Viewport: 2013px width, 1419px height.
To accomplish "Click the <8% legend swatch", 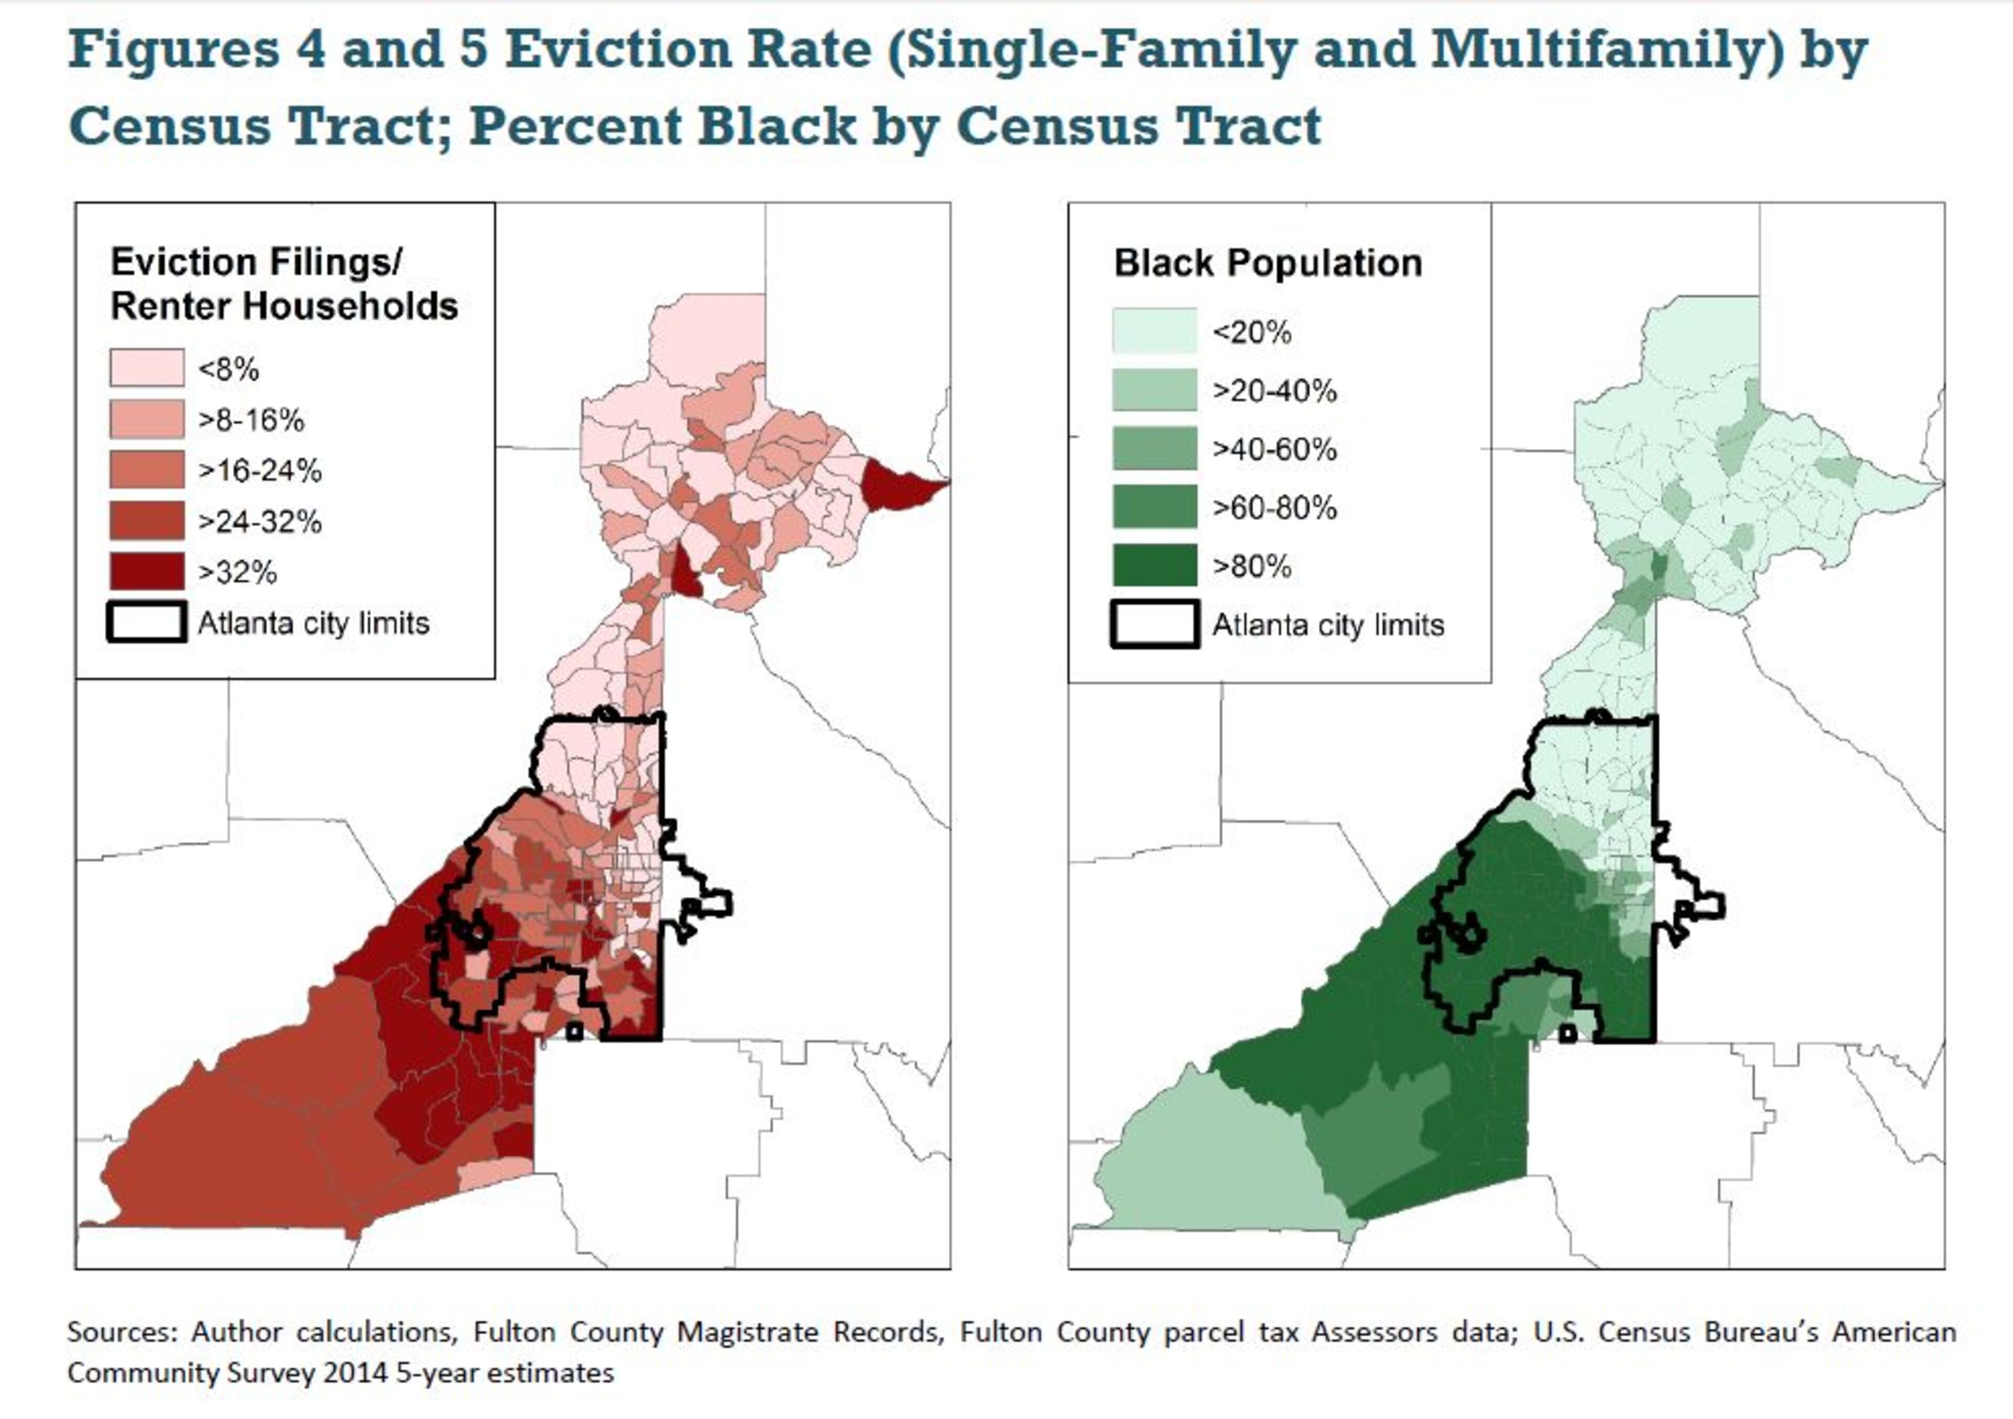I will coord(146,367).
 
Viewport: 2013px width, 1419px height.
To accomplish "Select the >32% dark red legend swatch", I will coord(146,571).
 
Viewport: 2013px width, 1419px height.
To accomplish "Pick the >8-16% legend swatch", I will coord(146,419).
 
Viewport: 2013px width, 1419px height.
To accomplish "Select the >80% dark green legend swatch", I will coord(1154,565).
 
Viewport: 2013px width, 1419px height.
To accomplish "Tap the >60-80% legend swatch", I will coord(1154,507).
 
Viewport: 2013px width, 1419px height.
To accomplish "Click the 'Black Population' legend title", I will coord(1267,263).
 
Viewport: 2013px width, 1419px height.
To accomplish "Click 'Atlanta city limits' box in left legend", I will coord(146,622).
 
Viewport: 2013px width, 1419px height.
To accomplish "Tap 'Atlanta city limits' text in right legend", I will coord(1327,625).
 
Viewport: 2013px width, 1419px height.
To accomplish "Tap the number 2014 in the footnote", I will coord(355,1372).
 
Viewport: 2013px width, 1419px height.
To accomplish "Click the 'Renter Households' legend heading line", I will coord(284,307).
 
